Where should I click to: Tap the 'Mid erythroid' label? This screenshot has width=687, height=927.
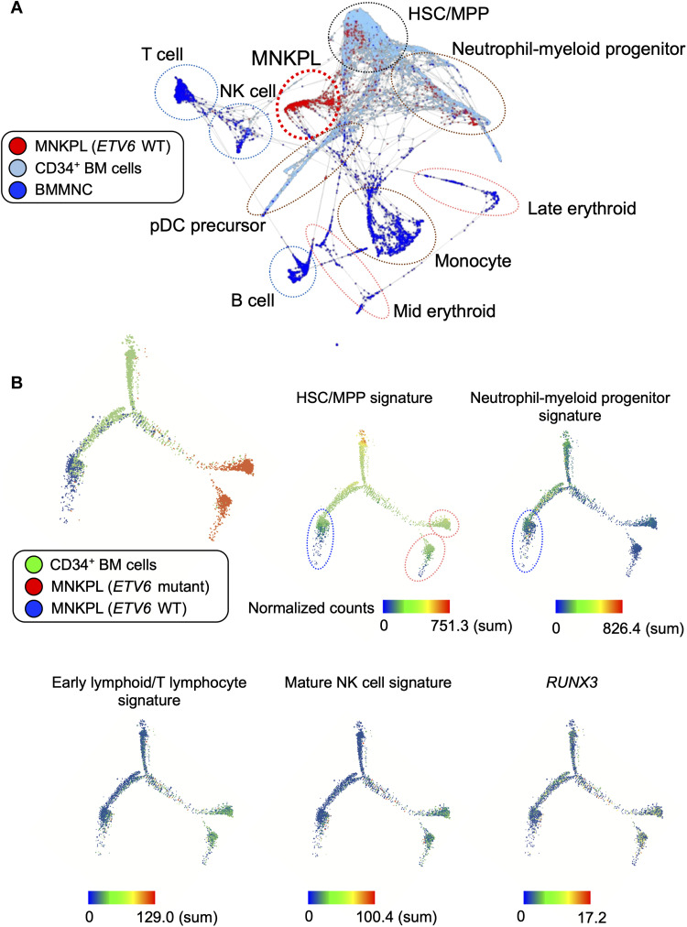(x=445, y=311)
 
